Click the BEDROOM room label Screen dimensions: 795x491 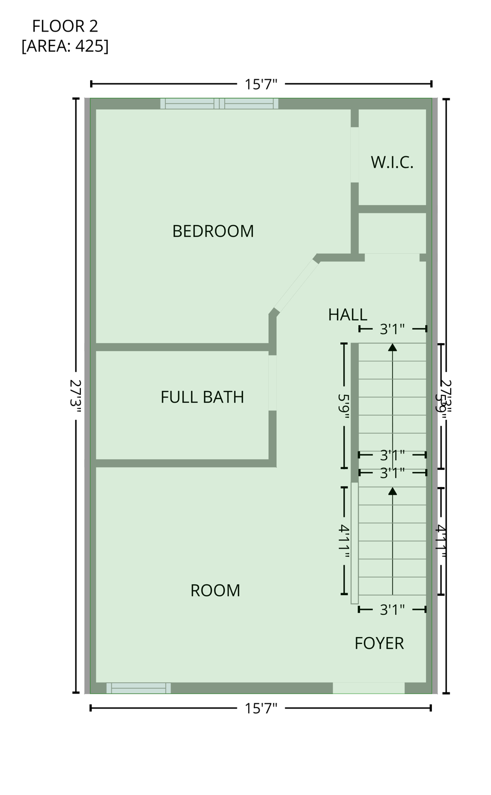(213, 231)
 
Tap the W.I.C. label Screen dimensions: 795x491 (392, 163)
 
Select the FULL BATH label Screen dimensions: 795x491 (202, 397)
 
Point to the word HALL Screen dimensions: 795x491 (348, 314)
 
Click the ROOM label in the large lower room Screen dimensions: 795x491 (215, 591)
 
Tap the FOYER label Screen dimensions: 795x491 (379, 643)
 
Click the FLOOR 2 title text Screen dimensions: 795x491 (65, 26)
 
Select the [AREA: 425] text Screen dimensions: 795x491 (65, 46)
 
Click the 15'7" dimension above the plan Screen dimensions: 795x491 (261, 84)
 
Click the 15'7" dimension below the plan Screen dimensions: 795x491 (261, 708)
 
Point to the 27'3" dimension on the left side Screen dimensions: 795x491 (76, 396)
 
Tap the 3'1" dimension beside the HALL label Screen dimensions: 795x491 (392, 329)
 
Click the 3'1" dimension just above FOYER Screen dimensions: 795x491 (392, 610)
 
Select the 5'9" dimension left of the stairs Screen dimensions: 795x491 (344, 406)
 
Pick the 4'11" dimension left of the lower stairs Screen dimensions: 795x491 (344, 541)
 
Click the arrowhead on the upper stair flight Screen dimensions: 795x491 (393, 347)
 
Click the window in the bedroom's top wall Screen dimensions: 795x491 (219, 104)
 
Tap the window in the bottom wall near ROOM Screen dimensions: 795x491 (138, 688)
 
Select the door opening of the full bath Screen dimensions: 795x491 (272, 382)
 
